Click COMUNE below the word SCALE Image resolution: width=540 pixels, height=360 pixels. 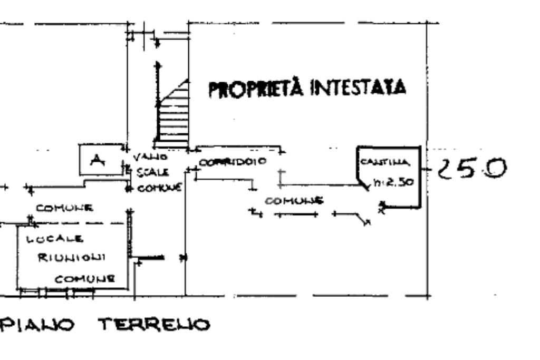coord(160,187)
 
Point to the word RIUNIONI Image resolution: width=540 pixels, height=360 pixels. coord(74,257)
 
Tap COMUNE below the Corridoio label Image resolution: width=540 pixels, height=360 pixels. coord(293,201)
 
